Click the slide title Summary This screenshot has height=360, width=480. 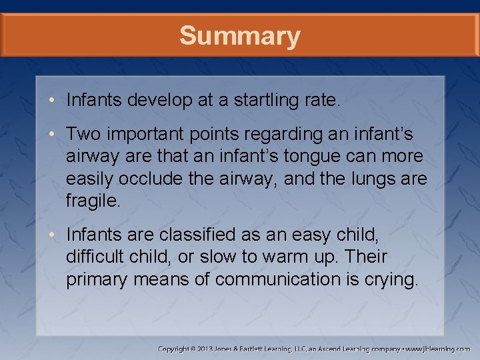click(239, 36)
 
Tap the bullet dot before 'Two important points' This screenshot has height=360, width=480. click(53, 135)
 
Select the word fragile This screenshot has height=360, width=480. click(93, 201)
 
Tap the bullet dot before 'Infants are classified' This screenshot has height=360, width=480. click(53, 235)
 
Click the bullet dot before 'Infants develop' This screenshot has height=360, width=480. click(53, 101)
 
